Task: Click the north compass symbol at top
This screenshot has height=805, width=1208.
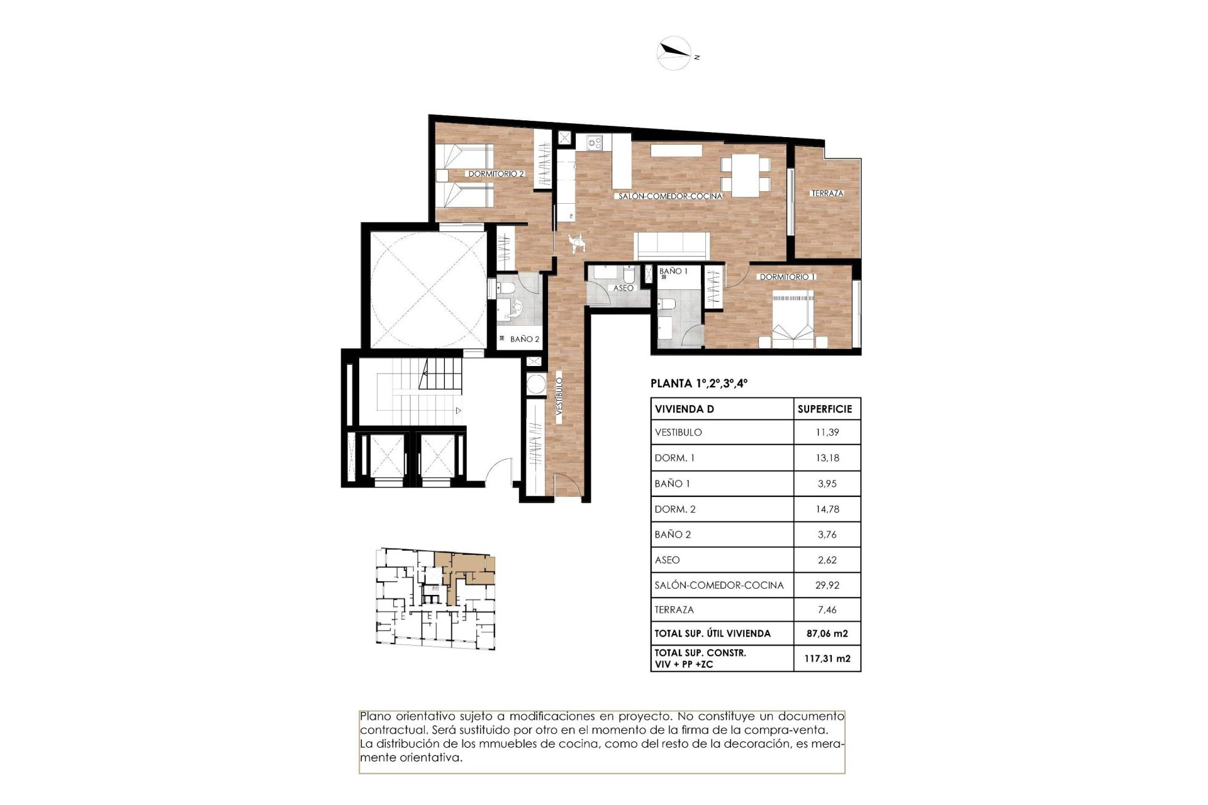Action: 674,53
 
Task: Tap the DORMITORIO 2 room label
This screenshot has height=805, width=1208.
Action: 496,174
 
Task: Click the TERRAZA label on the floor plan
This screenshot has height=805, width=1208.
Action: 827,194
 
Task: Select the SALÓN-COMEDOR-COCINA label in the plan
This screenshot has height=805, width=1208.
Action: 669,196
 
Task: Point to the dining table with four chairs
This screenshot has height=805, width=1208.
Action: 745,174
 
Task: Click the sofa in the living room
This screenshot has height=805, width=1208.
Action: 672,245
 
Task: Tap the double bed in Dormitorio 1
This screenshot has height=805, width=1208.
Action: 793,319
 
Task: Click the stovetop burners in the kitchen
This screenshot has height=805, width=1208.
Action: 595,143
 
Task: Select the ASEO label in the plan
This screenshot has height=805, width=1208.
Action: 623,288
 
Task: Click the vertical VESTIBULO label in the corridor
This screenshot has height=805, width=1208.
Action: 559,396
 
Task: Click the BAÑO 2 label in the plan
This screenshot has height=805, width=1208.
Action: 524,339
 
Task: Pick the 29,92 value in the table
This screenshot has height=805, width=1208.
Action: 827,585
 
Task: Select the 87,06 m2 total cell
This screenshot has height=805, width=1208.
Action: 827,633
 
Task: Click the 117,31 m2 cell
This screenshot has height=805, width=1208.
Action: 827,658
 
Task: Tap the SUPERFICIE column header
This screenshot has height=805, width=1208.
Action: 824,409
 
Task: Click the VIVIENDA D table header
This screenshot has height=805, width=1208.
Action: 684,409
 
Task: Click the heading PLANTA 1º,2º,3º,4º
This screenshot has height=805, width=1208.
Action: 698,384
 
